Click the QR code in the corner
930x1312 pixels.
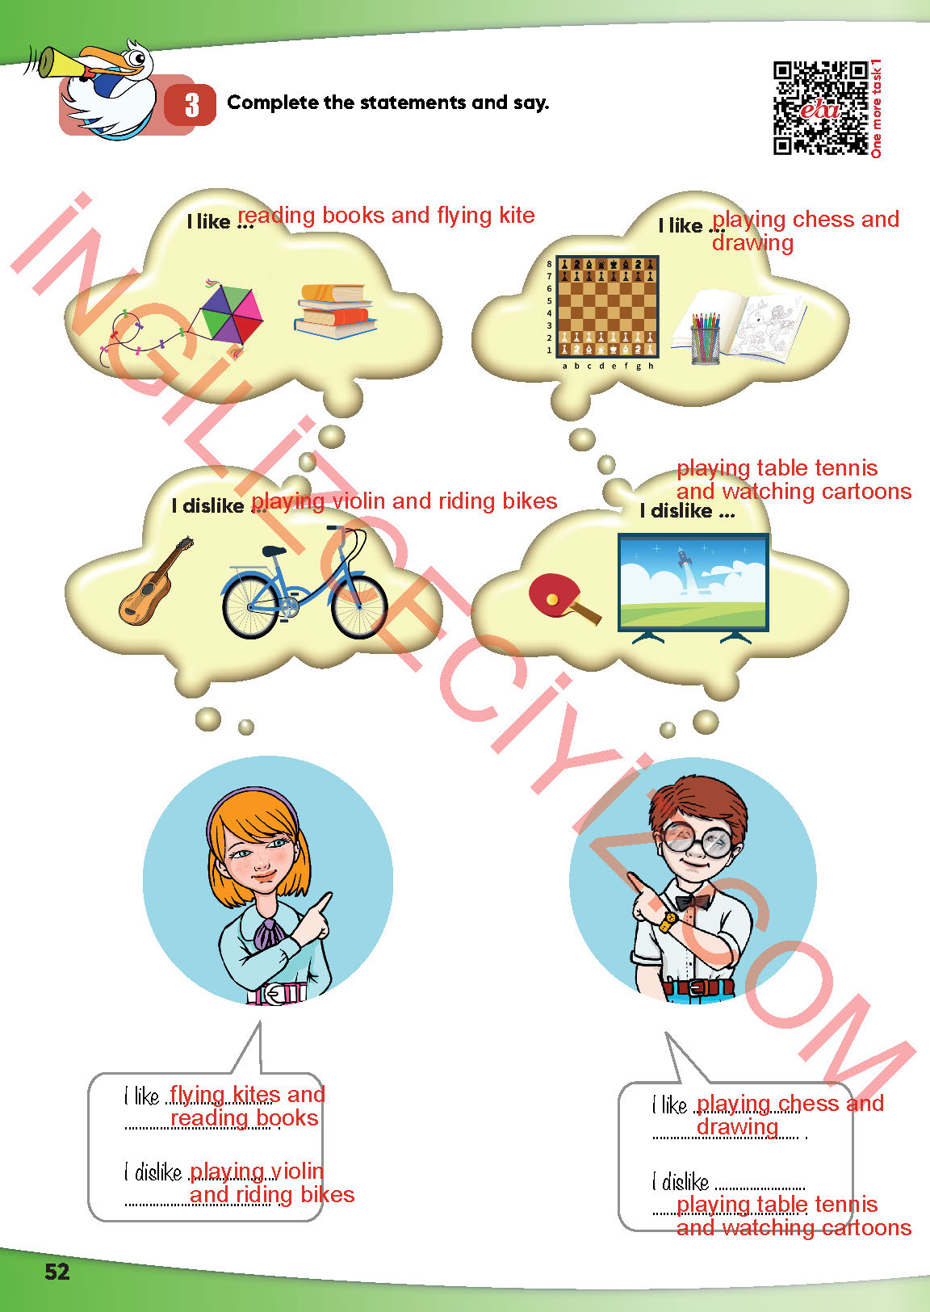820,107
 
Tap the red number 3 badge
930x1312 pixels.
191,105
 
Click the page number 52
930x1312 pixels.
57,1271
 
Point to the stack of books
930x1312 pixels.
335,311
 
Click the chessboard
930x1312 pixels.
607,306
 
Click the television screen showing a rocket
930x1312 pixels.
693,582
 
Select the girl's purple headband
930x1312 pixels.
252,801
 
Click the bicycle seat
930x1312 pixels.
274,551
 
